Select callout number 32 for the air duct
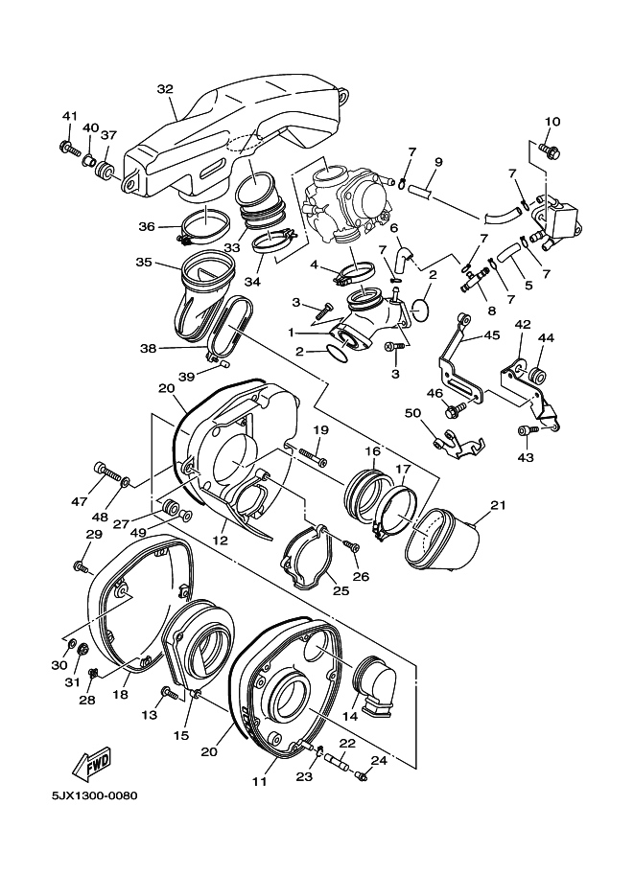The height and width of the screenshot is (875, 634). pos(165,89)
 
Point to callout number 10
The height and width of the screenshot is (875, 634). pos(552,122)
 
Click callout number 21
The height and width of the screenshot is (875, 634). pos(498,505)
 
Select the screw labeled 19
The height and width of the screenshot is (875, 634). pos(313,455)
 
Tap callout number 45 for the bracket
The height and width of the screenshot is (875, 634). pos(491,335)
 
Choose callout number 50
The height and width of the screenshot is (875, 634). pos(428,413)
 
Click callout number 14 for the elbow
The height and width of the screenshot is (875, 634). pos(350,716)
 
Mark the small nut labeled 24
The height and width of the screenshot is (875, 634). pos(362,775)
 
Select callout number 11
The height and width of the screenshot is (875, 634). pos(260,782)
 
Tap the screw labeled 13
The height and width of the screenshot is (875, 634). pos(169,694)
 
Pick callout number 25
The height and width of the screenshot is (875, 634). pos(341,590)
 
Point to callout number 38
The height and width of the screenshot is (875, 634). pos(148,349)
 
